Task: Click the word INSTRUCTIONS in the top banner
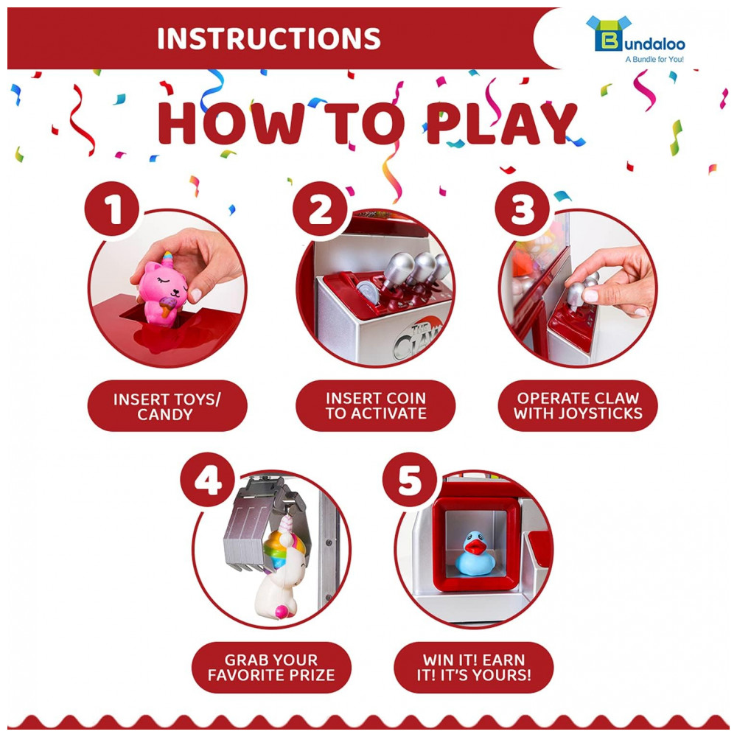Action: (268, 38)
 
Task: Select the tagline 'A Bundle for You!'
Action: (654, 59)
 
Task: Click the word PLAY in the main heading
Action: (501, 124)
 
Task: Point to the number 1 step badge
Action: (112, 209)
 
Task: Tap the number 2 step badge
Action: (320, 209)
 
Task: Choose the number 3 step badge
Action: (523, 209)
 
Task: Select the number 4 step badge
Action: (207, 480)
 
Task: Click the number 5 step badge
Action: (410, 480)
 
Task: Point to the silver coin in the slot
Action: (368, 292)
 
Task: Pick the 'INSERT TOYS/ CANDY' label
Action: (167, 406)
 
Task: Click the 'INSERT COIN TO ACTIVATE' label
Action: (376, 405)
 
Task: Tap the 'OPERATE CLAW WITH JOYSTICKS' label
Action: (578, 405)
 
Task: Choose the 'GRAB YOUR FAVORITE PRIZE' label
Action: (271, 668)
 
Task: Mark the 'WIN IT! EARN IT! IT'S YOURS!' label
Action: (474, 668)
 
